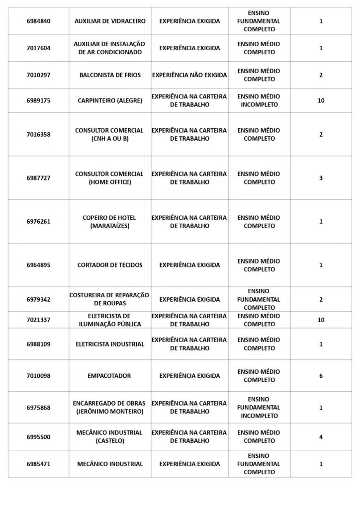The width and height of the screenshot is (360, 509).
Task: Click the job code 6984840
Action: click(38, 21)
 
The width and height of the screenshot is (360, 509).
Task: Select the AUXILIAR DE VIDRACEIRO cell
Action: click(110, 21)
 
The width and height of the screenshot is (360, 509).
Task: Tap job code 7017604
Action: click(38, 48)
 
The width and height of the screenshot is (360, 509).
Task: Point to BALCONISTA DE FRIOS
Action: click(110, 75)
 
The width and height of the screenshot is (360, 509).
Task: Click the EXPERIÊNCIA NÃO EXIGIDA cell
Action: click(189, 75)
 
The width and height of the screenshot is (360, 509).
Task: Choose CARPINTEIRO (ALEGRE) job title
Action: click(110, 100)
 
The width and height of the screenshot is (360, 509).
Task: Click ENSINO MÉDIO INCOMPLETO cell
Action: click(259, 100)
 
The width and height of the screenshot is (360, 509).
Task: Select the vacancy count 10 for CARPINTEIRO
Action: click(321, 100)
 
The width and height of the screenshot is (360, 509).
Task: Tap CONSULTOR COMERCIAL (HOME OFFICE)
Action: click(110, 178)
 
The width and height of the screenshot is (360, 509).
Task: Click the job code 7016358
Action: click(38, 134)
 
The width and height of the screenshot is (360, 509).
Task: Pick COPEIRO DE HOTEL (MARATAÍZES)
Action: click(110, 222)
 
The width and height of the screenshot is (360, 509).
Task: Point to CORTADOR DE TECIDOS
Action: click(110, 265)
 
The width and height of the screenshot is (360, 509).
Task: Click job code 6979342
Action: click(38, 299)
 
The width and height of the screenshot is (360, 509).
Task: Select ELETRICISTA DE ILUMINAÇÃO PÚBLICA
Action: click(110, 320)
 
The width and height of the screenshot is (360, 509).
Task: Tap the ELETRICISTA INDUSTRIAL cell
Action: click(110, 344)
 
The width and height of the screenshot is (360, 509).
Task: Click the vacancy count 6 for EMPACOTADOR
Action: click(321, 376)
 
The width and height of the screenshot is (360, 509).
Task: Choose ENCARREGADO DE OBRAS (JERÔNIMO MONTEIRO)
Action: click(110, 408)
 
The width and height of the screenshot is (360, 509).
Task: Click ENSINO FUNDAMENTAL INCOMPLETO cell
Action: click(259, 408)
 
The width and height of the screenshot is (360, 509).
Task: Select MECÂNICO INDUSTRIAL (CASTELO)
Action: click(110, 437)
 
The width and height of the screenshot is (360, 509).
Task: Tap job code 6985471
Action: click(38, 464)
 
